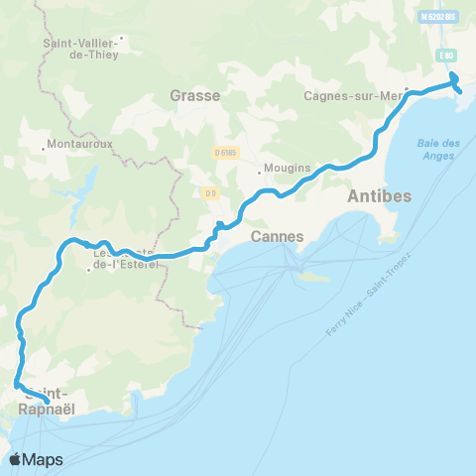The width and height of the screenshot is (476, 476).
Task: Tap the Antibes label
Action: pos(379,196)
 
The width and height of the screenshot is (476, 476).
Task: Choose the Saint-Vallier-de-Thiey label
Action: pos(80,49)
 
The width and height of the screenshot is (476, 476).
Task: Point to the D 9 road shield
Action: pos(211,192)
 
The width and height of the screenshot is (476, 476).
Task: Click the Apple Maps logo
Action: pos(35,459)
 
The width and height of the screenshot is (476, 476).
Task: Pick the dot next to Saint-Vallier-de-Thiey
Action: pos(120,41)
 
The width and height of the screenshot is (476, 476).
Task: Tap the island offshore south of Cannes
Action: pos(314,277)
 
